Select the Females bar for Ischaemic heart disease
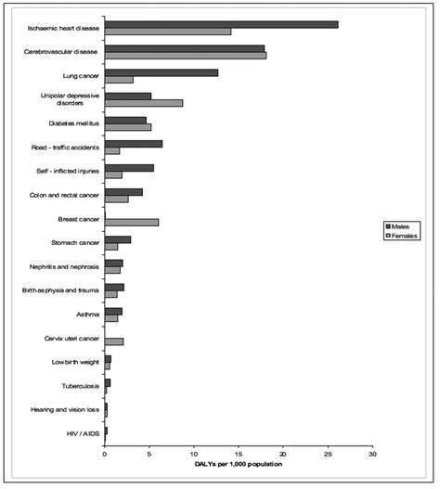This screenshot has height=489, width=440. tap(167, 32)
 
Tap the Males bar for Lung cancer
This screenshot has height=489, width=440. tap(161, 72)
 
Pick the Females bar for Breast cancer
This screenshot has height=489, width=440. tap(131, 222)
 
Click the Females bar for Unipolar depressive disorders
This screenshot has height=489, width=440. tap(143, 103)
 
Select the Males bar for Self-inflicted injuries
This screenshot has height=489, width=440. tap(129, 168)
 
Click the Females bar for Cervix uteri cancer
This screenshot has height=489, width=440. tap(113, 341)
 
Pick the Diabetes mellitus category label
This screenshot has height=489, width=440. tap(71, 122)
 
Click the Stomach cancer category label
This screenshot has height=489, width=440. tap(73, 242)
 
